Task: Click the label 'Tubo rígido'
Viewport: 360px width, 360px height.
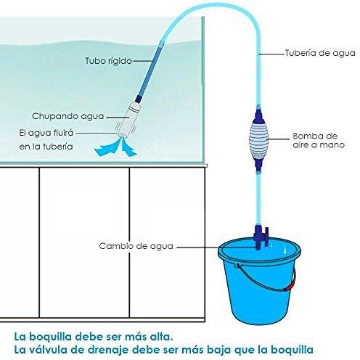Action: coord(108,61)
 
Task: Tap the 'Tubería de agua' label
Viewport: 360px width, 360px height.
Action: coord(320,53)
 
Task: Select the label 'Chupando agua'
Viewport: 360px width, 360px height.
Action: coord(68,116)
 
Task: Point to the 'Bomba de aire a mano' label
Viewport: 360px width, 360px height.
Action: coord(318,140)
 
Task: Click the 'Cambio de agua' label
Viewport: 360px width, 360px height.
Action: coord(136,246)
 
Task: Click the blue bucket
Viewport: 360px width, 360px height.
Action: coord(259,281)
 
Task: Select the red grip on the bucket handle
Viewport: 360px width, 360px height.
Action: coord(290,285)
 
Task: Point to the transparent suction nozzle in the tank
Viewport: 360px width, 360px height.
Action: coord(128,120)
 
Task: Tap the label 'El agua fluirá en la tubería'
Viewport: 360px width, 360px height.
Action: coord(46,140)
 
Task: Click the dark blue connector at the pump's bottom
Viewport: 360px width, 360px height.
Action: coord(258,165)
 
